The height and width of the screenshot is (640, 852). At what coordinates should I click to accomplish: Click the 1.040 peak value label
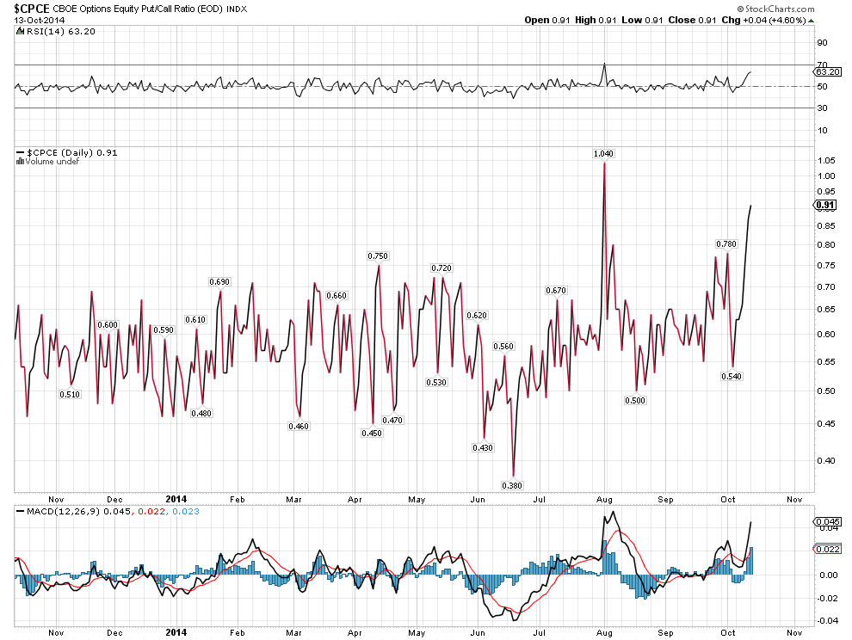click(604, 153)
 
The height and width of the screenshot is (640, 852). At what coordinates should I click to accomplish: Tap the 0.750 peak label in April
click(378, 256)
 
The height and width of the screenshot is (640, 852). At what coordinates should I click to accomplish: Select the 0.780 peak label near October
click(726, 244)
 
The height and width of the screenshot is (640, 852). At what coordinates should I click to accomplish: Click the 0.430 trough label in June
click(483, 447)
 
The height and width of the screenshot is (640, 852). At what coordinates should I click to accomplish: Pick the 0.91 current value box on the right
click(825, 205)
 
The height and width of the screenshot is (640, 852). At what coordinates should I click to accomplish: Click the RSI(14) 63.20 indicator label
click(49, 32)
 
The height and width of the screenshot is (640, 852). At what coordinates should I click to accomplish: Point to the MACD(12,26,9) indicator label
click(57, 512)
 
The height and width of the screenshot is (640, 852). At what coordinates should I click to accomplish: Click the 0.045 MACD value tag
click(826, 521)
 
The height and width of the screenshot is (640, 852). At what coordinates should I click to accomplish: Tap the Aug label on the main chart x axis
click(604, 498)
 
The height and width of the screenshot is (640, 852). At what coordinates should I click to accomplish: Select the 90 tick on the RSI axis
click(822, 42)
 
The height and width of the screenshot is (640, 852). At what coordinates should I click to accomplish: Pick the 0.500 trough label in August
click(636, 400)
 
